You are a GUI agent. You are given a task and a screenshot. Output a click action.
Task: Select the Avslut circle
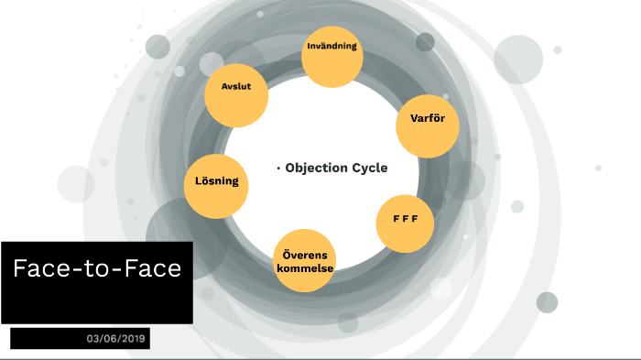click(x=235, y=96)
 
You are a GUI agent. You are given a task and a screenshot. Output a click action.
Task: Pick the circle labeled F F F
click(x=406, y=224)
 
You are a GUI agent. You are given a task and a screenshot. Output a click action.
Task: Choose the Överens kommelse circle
click(x=305, y=260)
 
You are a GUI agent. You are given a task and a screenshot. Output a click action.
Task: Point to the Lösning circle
click(x=217, y=180)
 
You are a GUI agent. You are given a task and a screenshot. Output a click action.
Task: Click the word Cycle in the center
click(x=370, y=168)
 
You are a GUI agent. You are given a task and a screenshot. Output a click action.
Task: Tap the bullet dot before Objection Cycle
click(x=277, y=169)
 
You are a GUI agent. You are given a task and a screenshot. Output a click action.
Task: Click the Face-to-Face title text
click(x=97, y=268)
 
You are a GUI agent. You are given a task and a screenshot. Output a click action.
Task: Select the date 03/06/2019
click(x=117, y=339)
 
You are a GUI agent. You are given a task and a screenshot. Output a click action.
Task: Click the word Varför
click(x=427, y=117)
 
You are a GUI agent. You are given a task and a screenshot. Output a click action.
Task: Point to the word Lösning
click(x=217, y=180)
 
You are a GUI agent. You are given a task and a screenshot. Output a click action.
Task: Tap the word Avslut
click(x=236, y=86)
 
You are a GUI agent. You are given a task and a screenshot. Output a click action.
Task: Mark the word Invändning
click(x=332, y=46)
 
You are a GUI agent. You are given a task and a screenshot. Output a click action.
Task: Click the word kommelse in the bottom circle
click(x=305, y=267)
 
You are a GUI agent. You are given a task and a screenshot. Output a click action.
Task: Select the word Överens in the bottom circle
click(x=305, y=254)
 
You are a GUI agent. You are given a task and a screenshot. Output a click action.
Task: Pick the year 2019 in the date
click(x=135, y=339)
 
